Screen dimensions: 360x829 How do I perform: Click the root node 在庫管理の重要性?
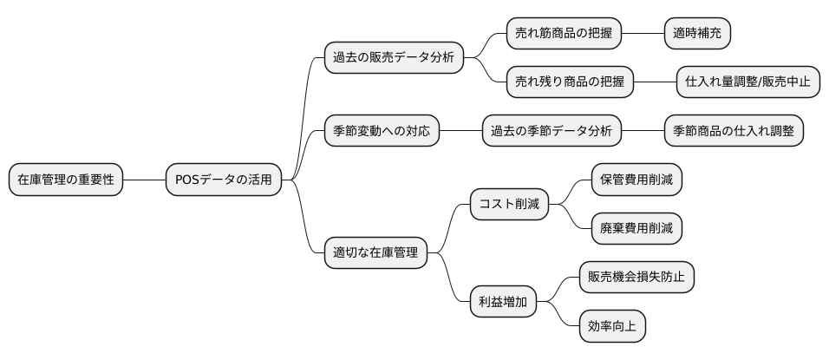tap(66, 180)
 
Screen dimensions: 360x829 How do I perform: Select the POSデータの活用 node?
tap(224, 180)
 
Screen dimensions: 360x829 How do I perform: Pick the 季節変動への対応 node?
tap(381, 132)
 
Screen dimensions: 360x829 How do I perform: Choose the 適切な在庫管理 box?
tap(375, 254)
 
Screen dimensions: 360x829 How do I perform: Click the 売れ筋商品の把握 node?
tap(564, 34)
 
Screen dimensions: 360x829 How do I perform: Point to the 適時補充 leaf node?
tap(696, 34)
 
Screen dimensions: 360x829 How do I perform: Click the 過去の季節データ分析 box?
tap(552, 132)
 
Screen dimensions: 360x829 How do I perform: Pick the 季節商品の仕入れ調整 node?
tap(733, 132)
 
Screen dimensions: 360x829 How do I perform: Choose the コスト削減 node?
tap(509, 205)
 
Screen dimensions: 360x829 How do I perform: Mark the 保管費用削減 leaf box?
tap(636, 180)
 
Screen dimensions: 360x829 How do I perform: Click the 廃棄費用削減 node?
tap(636, 229)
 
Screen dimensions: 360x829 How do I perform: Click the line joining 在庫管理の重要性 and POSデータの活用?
tap(144, 180)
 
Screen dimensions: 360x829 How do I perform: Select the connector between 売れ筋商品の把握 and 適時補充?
tap(642, 34)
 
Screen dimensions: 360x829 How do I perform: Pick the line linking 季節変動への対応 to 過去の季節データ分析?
tap(460, 132)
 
